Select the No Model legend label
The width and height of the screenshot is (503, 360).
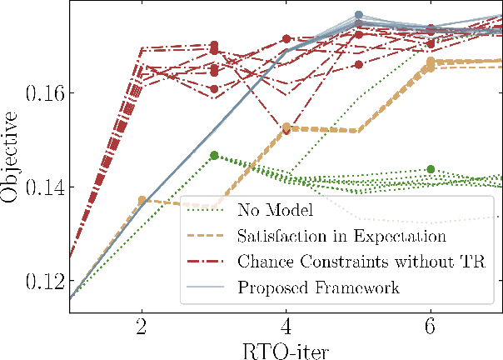point(274,208)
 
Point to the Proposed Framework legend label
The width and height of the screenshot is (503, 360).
point(320,288)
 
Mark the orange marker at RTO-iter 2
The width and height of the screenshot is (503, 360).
point(142,201)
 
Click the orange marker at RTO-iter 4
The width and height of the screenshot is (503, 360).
point(286,127)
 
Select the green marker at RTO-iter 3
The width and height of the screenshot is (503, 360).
point(214,155)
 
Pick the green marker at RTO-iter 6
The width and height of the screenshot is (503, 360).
point(431,169)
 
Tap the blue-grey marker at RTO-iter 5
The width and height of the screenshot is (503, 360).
point(359,15)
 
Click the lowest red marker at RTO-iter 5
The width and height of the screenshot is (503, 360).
point(359,64)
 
